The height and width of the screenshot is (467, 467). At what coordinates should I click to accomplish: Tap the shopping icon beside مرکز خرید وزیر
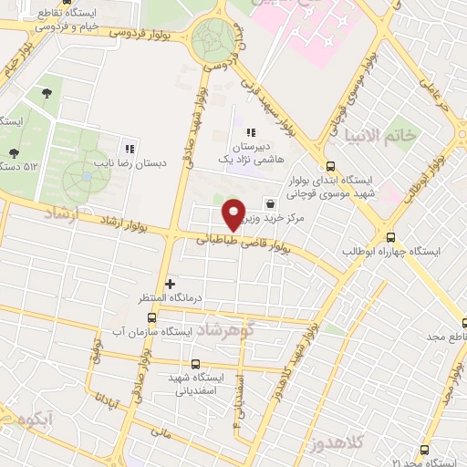[x=270, y=203]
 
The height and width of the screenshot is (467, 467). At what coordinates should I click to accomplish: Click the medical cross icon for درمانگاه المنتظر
[x=170, y=285]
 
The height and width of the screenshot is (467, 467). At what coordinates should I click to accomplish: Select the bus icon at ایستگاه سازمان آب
[x=151, y=318]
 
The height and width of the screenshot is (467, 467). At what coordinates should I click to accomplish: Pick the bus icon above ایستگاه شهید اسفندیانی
[x=195, y=364]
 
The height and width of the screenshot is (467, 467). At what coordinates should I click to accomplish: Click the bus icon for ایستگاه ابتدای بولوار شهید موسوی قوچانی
[x=329, y=167]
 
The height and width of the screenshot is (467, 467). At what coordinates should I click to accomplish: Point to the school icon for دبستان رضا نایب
[x=130, y=149]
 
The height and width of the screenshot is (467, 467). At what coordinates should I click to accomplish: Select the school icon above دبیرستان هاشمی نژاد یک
[x=250, y=133]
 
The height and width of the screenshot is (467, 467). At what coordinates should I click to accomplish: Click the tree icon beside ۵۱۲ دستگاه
[x=13, y=153]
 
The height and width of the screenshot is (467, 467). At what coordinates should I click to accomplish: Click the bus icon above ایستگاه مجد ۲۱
[x=424, y=450]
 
